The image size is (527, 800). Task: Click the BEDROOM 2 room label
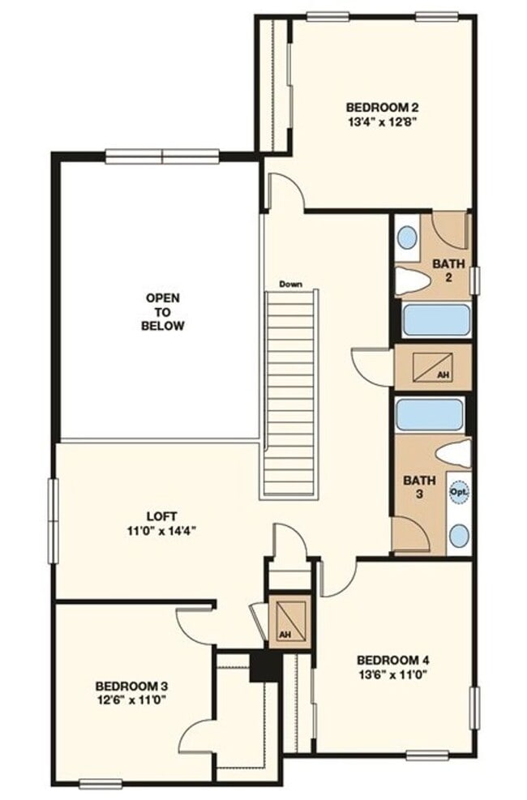point(382,107)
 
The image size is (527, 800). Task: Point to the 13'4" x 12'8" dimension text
point(382,122)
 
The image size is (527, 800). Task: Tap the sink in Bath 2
point(407,237)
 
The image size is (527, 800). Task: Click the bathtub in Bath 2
point(435,320)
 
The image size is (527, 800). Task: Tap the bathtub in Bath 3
point(429,414)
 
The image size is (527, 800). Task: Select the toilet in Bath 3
point(452,455)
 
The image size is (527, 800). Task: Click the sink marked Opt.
point(459,492)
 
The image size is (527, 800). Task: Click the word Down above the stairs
point(290,284)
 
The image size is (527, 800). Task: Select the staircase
point(289,393)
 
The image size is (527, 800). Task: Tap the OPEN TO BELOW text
point(162,312)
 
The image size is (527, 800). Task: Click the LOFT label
point(162,516)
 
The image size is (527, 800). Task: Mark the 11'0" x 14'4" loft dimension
point(162,531)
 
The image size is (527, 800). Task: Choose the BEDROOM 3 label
point(131,686)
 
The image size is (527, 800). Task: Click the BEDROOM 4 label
point(392,659)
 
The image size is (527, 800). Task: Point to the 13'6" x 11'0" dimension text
point(392,674)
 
